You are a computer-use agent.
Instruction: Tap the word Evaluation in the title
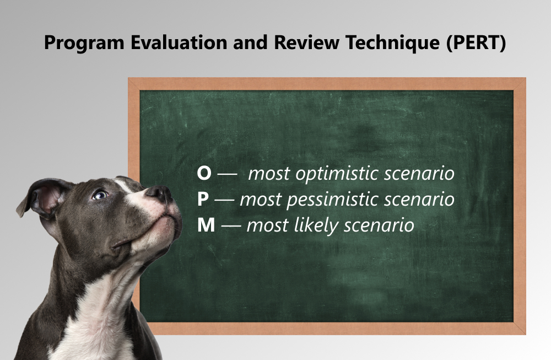point(179,42)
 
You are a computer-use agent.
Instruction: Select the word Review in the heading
point(307,42)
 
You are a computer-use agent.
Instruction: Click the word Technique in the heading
point(392,43)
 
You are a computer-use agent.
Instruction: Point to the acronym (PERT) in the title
point(476,43)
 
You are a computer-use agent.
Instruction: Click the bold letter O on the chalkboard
point(204,173)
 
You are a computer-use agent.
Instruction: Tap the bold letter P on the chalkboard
point(203,200)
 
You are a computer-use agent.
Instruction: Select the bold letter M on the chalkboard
point(206,225)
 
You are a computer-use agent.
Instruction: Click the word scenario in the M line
point(379,225)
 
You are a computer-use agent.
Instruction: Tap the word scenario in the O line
point(419,174)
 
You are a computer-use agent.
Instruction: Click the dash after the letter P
point(224,200)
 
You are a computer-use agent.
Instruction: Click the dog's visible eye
point(100,195)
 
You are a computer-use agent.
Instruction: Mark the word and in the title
point(251,42)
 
